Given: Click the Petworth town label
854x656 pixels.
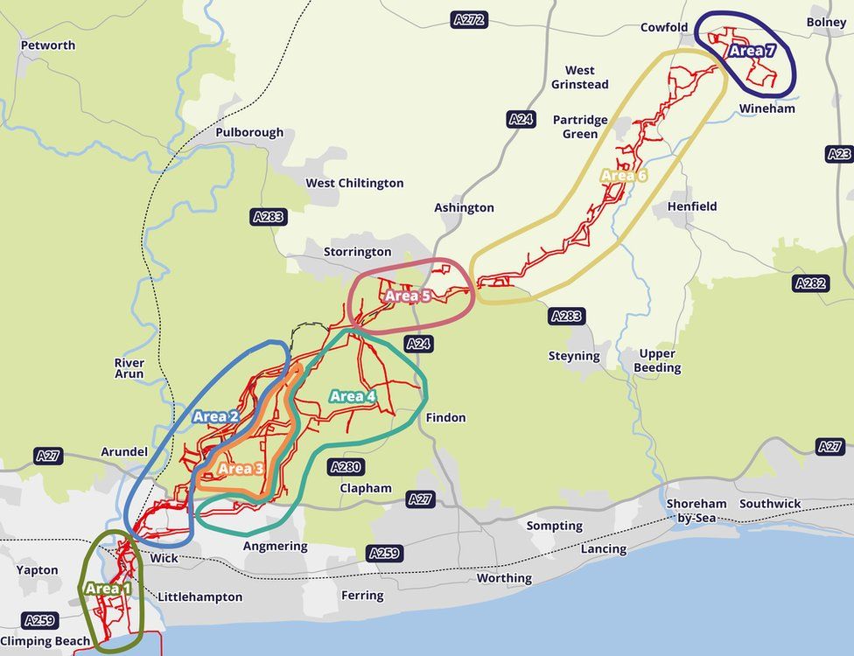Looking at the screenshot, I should pos(48,45).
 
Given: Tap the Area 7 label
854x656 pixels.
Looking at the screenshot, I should pos(752,51).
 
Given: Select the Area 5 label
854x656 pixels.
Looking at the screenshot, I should pos(408,296).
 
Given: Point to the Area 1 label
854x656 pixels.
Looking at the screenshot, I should pos(108,589).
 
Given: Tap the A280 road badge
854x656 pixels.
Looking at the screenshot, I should pos(345,467).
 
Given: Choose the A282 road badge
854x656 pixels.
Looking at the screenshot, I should pos(811,283).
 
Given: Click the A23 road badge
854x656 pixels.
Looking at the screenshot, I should pos(839,154).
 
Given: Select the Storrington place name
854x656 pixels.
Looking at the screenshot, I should pos(357,252).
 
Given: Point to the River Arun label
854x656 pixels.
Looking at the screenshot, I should pos(129,368).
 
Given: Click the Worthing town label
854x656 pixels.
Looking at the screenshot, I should pos(504,578).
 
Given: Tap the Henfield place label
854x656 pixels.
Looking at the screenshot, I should pos(692,206).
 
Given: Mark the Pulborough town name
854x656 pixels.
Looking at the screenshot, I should pos(249,133).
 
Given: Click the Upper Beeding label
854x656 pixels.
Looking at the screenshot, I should pos(656,360).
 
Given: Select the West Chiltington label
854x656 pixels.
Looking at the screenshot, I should pos(354,183).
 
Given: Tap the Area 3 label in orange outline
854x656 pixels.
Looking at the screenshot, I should pos(241,469).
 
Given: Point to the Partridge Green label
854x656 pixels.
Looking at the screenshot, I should pos(580,127).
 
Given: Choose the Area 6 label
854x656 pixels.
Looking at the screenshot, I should pos(624,176).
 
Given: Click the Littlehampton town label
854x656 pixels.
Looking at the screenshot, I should pos(199,597).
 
